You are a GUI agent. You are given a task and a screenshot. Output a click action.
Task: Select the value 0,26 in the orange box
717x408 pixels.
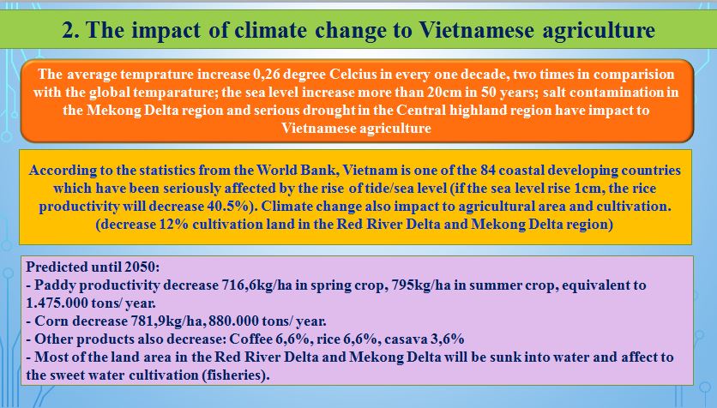(266, 74)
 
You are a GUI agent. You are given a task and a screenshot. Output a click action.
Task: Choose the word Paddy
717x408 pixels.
(51, 285)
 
